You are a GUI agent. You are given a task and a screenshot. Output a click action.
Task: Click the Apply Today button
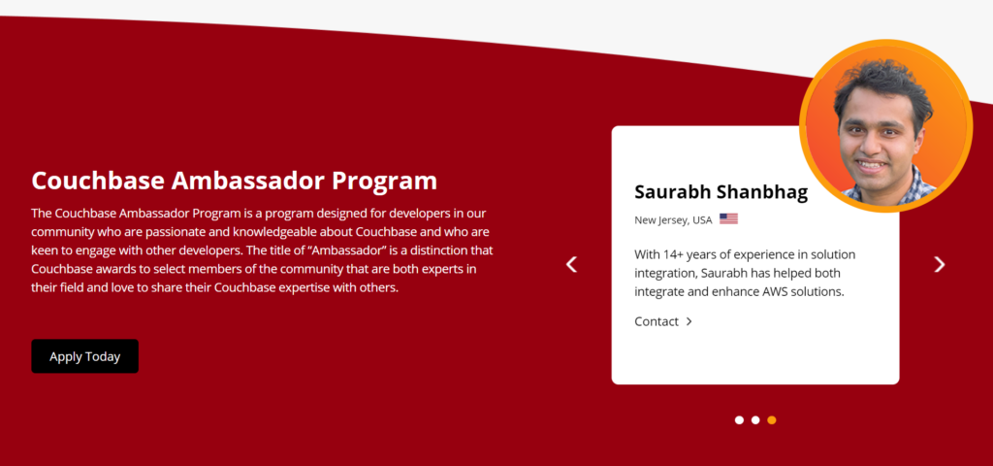pyautogui.click(x=85, y=356)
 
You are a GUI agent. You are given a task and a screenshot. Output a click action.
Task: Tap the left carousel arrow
pyautogui.click(x=571, y=264)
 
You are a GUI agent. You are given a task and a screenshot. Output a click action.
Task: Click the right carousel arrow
pyautogui.click(x=940, y=264)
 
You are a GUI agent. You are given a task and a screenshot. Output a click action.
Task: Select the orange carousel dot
pyautogui.click(x=771, y=419)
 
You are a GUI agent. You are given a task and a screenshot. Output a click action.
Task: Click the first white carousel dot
pyautogui.click(x=739, y=419)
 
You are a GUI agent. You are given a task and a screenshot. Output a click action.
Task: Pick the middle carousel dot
pyautogui.click(x=755, y=419)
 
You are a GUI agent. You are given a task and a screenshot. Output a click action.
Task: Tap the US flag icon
pyautogui.click(x=728, y=219)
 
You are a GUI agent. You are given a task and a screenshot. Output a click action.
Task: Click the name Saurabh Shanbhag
pyautogui.click(x=721, y=192)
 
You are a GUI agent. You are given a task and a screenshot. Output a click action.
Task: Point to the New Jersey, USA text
pyautogui.click(x=673, y=220)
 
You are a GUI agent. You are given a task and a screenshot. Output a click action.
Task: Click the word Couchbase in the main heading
pyautogui.click(x=98, y=181)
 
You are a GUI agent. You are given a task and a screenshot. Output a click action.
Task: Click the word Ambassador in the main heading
pyautogui.click(x=248, y=181)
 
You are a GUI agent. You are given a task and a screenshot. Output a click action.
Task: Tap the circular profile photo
pyautogui.click(x=886, y=125)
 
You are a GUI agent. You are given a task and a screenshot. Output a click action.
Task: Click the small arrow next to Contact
pyautogui.click(x=689, y=321)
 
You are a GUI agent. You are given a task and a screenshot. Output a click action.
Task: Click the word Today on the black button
pyautogui.click(x=103, y=357)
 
